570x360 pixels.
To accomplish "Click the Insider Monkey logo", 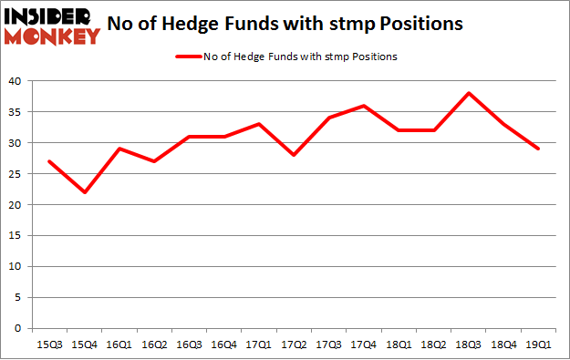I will point(53,26).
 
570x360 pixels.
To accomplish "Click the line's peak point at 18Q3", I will point(468,93).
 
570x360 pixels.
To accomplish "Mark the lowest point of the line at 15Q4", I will point(84,192).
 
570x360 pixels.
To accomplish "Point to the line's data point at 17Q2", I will point(294,155).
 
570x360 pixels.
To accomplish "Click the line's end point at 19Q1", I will point(538,149).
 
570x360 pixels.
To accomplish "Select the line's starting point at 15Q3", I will point(49,161).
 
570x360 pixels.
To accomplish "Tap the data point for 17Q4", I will point(363,106).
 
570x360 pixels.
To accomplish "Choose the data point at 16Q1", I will point(119,149).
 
